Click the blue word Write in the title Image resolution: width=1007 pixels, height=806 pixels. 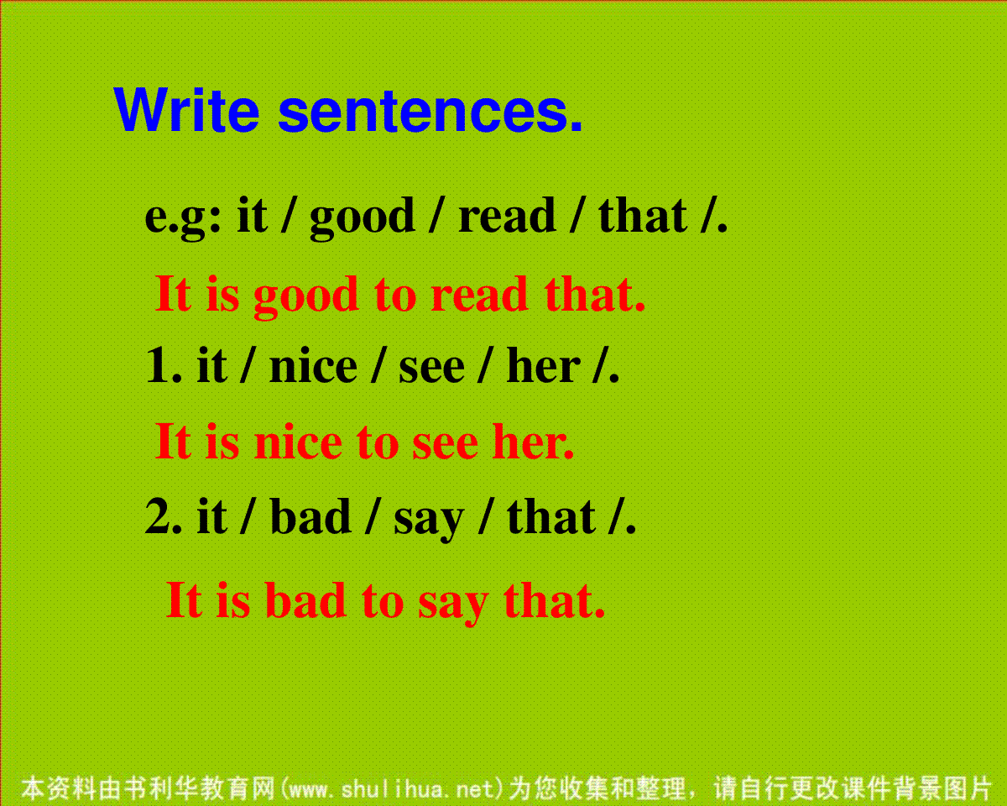[186, 110]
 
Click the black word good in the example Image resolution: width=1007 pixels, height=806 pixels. [363, 217]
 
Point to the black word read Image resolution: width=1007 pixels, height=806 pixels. [507, 216]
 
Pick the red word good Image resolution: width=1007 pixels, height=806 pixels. [306, 296]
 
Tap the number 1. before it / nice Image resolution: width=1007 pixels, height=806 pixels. [164, 366]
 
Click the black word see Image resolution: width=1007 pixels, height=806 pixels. [431, 369]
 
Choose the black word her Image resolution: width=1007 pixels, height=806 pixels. [543, 365]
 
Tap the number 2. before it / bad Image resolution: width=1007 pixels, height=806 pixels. [164, 516]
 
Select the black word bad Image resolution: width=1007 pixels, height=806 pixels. [310, 516]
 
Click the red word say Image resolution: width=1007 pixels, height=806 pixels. [453, 605]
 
